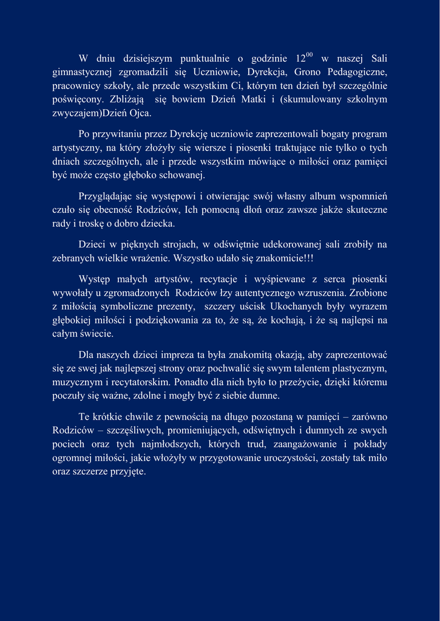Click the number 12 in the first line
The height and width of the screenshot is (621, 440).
300,59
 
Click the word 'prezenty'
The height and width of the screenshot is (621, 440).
165,307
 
